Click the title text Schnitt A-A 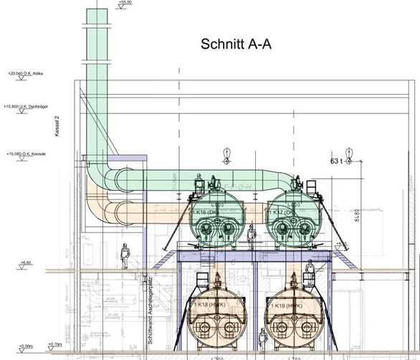pyautogui.click(x=236, y=44)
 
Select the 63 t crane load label pyautogui.click(x=337, y=161)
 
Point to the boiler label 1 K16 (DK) pyautogui.click(x=207, y=213)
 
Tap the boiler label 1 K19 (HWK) pyautogui.click(x=285, y=306)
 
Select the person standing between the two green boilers pyautogui.click(x=252, y=235)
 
